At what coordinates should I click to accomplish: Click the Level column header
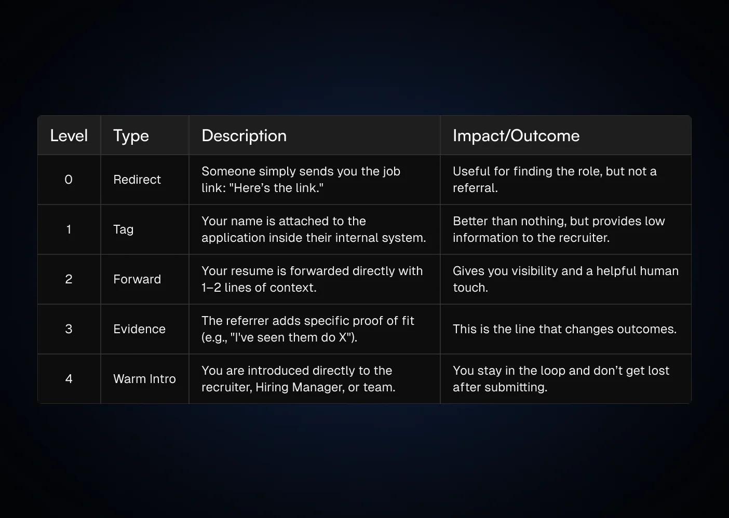pos(69,136)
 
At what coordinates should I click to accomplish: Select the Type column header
pos(131,136)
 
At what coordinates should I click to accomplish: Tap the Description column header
pos(244,136)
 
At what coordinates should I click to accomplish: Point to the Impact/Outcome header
pos(516,136)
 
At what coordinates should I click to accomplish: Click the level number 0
pos(69,180)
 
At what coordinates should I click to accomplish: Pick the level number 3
pos(69,329)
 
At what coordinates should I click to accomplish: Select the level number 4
pos(69,379)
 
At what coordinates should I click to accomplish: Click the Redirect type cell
pos(137,180)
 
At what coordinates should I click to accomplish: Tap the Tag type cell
pos(123,229)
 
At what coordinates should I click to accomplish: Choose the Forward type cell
pos(137,279)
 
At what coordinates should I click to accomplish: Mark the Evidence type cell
pos(139,329)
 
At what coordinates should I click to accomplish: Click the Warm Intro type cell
pos(144,379)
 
